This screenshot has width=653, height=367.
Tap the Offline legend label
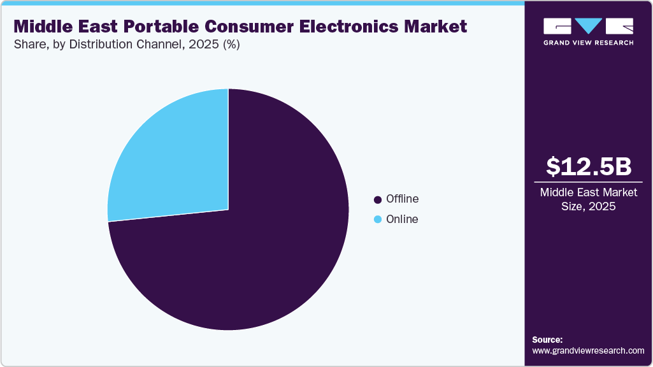point(402,199)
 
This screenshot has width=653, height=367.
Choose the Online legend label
point(402,219)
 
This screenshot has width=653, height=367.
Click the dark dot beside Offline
point(378,199)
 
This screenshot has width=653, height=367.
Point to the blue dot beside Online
point(378,220)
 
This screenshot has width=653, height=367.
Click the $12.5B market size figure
point(589,166)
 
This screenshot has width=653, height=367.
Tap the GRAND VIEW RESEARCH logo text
point(589,43)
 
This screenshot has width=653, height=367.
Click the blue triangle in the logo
point(589,25)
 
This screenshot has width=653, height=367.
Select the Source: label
point(547,340)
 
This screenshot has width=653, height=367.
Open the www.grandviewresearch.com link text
point(588,350)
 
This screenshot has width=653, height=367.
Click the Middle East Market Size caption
point(589,199)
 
